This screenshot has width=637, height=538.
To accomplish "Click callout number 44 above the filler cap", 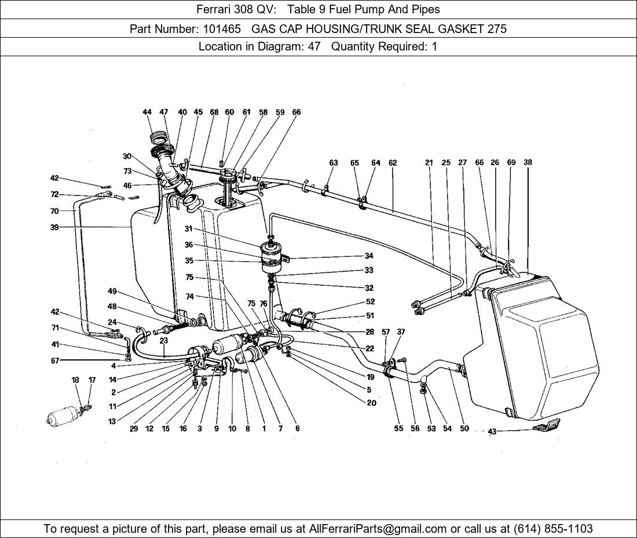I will pyautogui.click(x=147, y=112).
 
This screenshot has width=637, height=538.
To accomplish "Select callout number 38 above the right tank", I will pyautogui.click(x=528, y=163).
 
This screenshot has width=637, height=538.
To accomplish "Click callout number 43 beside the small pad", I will pyautogui.click(x=492, y=431).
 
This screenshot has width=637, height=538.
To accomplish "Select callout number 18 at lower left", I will pyautogui.click(x=75, y=380).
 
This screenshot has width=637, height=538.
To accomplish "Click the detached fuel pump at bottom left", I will pyautogui.click(x=65, y=416).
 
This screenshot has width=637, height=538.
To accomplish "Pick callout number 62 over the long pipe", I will pyautogui.click(x=393, y=163).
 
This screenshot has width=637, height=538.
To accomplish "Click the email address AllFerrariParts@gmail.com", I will pyautogui.click(x=378, y=529).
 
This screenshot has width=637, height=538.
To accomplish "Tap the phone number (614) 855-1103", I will pyautogui.click(x=553, y=529).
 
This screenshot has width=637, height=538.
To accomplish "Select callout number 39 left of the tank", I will pyautogui.click(x=54, y=228).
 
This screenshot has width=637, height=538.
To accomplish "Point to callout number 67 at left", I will pyautogui.click(x=54, y=361).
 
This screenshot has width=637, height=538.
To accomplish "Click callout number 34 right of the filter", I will pyautogui.click(x=369, y=256).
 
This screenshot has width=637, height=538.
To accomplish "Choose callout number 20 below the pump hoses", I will pyautogui.click(x=371, y=403).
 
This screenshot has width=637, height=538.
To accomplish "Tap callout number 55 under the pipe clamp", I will pyautogui.click(x=398, y=429).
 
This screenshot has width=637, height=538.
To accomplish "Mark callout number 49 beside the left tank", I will pyautogui.click(x=112, y=291).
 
